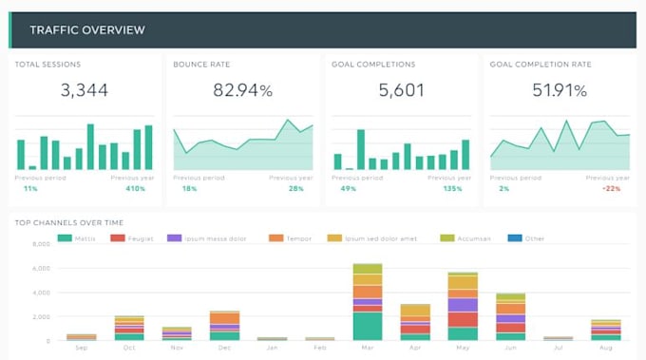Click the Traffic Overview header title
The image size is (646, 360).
point(86,30)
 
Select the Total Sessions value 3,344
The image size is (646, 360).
point(84,91)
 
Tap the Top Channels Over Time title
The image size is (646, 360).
point(68,222)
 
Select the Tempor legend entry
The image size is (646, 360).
point(294,237)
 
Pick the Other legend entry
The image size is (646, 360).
point(528,237)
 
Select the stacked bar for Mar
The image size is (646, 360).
point(367,302)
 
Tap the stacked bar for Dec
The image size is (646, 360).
point(224,325)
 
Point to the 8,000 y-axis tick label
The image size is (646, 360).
point(40,244)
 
